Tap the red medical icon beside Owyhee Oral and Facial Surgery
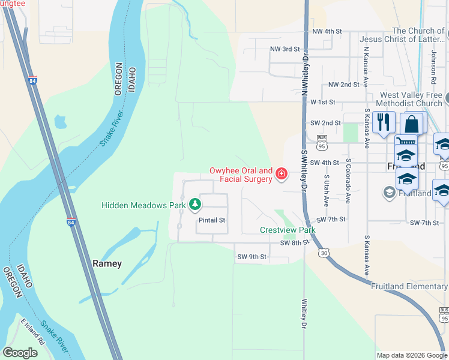(x=281, y=174)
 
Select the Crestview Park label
(x=288, y=230)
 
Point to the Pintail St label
(x=211, y=220)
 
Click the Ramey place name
(x=107, y=263)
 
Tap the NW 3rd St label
(x=285, y=49)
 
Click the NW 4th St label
(x=327, y=31)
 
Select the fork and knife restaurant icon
(x=383, y=123)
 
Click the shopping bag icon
(x=412, y=124)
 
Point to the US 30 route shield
(x=324, y=254)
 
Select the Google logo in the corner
(x=20, y=353)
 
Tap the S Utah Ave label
(x=327, y=191)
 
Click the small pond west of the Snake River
(x=60, y=122)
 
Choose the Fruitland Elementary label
(x=409, y=286)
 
